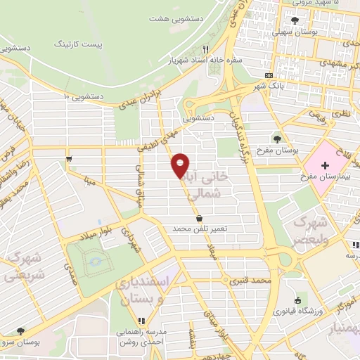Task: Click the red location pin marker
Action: pyautogui.click(x=181, y=165)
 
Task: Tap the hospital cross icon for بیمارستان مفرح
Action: pyautogui.click(x=324, y=165)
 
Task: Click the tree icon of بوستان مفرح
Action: pyautogui.click(x=278, y=139)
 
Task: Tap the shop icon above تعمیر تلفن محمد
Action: pyautogui.click(x=200, y=218)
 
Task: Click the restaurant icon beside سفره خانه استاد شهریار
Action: pyautogui.click(x=206, y=50)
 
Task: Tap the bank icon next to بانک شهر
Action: pyautogui.click(x=269, y=75)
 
